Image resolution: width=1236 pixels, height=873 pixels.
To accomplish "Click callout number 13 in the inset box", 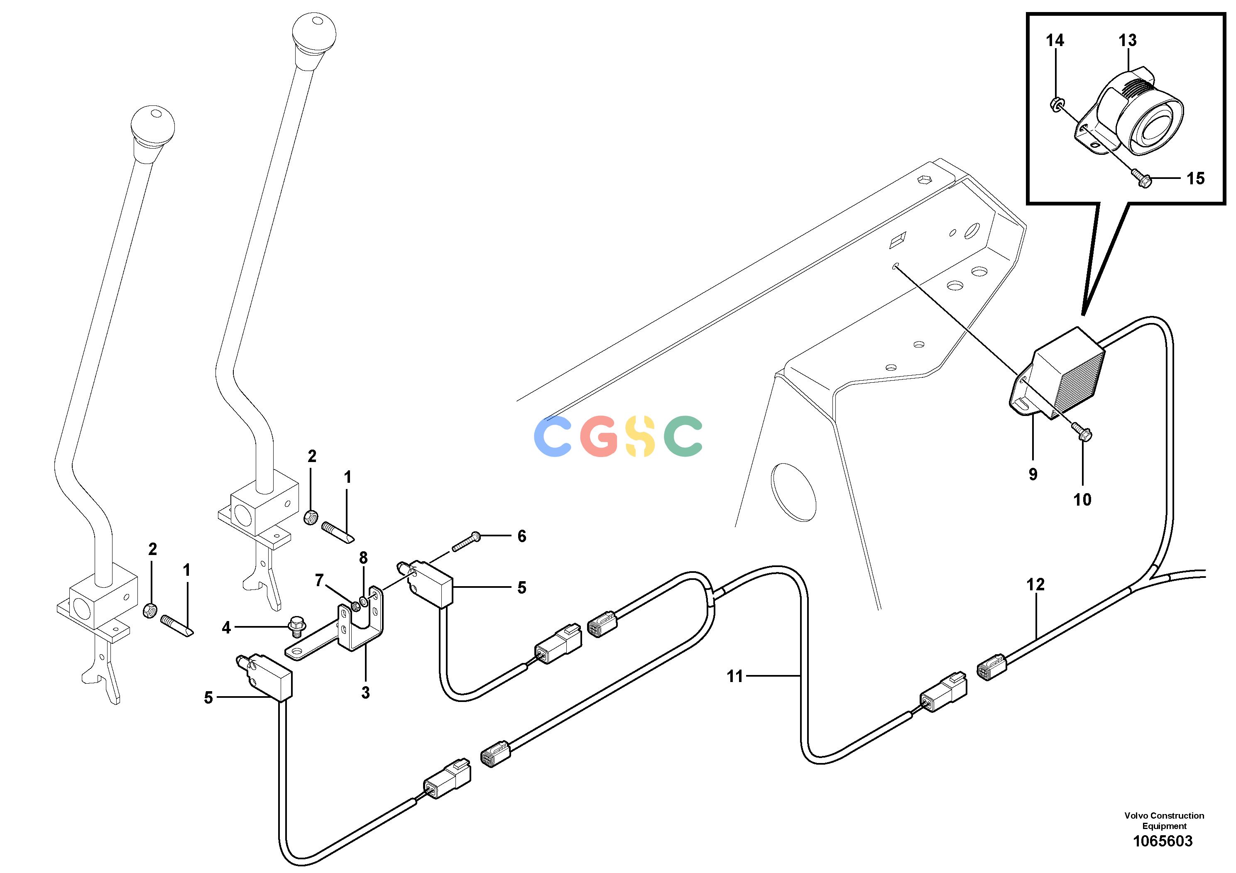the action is coord(1127,40).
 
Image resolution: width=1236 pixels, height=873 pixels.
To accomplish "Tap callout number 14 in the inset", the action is coord(1055,40).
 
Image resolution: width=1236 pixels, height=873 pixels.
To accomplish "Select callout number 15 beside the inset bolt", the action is coord(1196,179).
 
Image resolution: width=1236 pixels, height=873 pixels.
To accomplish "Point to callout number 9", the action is coord(1033,474).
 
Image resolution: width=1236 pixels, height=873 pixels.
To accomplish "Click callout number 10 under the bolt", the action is coord(1082,499).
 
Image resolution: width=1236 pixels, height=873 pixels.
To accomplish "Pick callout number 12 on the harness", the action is coord(1035,584).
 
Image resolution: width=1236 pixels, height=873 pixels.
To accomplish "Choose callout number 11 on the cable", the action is coord(735,676).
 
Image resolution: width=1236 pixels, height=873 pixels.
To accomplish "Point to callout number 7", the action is coord(319,580).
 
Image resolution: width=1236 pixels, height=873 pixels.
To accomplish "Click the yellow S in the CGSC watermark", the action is coord(639,436).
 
